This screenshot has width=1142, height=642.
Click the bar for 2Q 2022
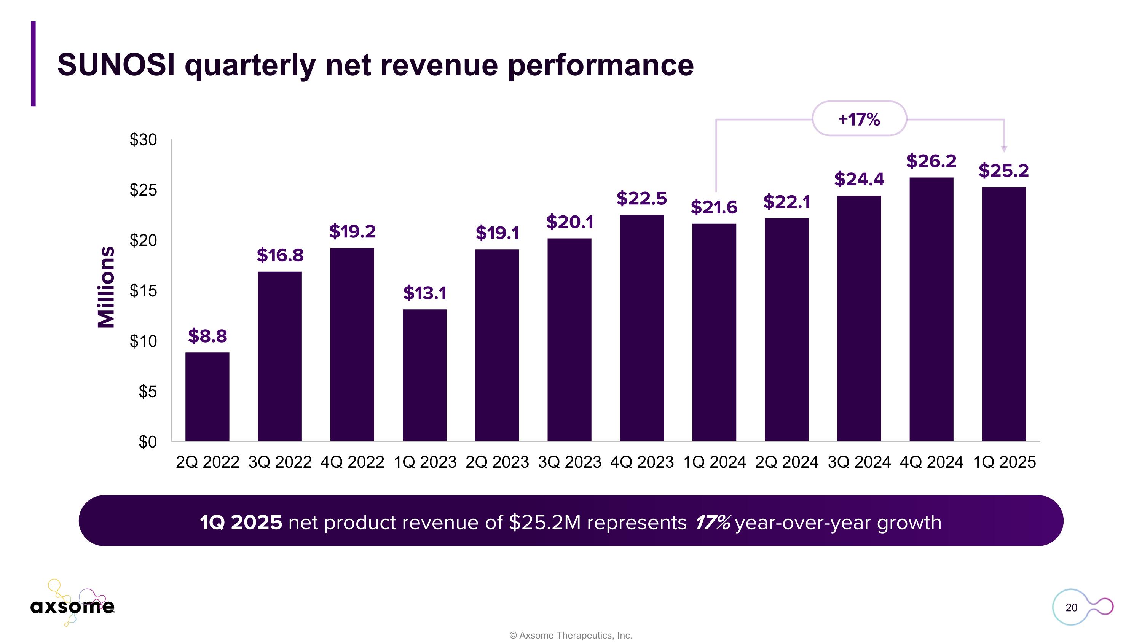point(207,397)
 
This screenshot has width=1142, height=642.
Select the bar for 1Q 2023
point(424,375)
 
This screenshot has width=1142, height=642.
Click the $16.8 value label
point(280,255)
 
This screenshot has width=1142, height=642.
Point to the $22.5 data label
point(641,199)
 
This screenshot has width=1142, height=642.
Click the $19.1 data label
point(497,233)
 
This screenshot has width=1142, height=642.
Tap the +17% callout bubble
point(859,119)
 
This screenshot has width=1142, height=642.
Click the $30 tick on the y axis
point(143,140)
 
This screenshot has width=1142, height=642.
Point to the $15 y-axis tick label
point(143,291)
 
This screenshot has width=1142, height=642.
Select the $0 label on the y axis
point(148,442)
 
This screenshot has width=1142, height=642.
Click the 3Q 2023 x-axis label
point(569,462)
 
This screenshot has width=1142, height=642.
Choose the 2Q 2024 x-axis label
point(786,462)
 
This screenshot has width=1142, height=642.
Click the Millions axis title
point(107,287)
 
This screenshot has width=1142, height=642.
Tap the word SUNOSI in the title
point(116,65)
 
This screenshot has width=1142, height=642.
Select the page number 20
point(1071,607)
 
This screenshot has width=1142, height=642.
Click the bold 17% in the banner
point(712,523)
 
